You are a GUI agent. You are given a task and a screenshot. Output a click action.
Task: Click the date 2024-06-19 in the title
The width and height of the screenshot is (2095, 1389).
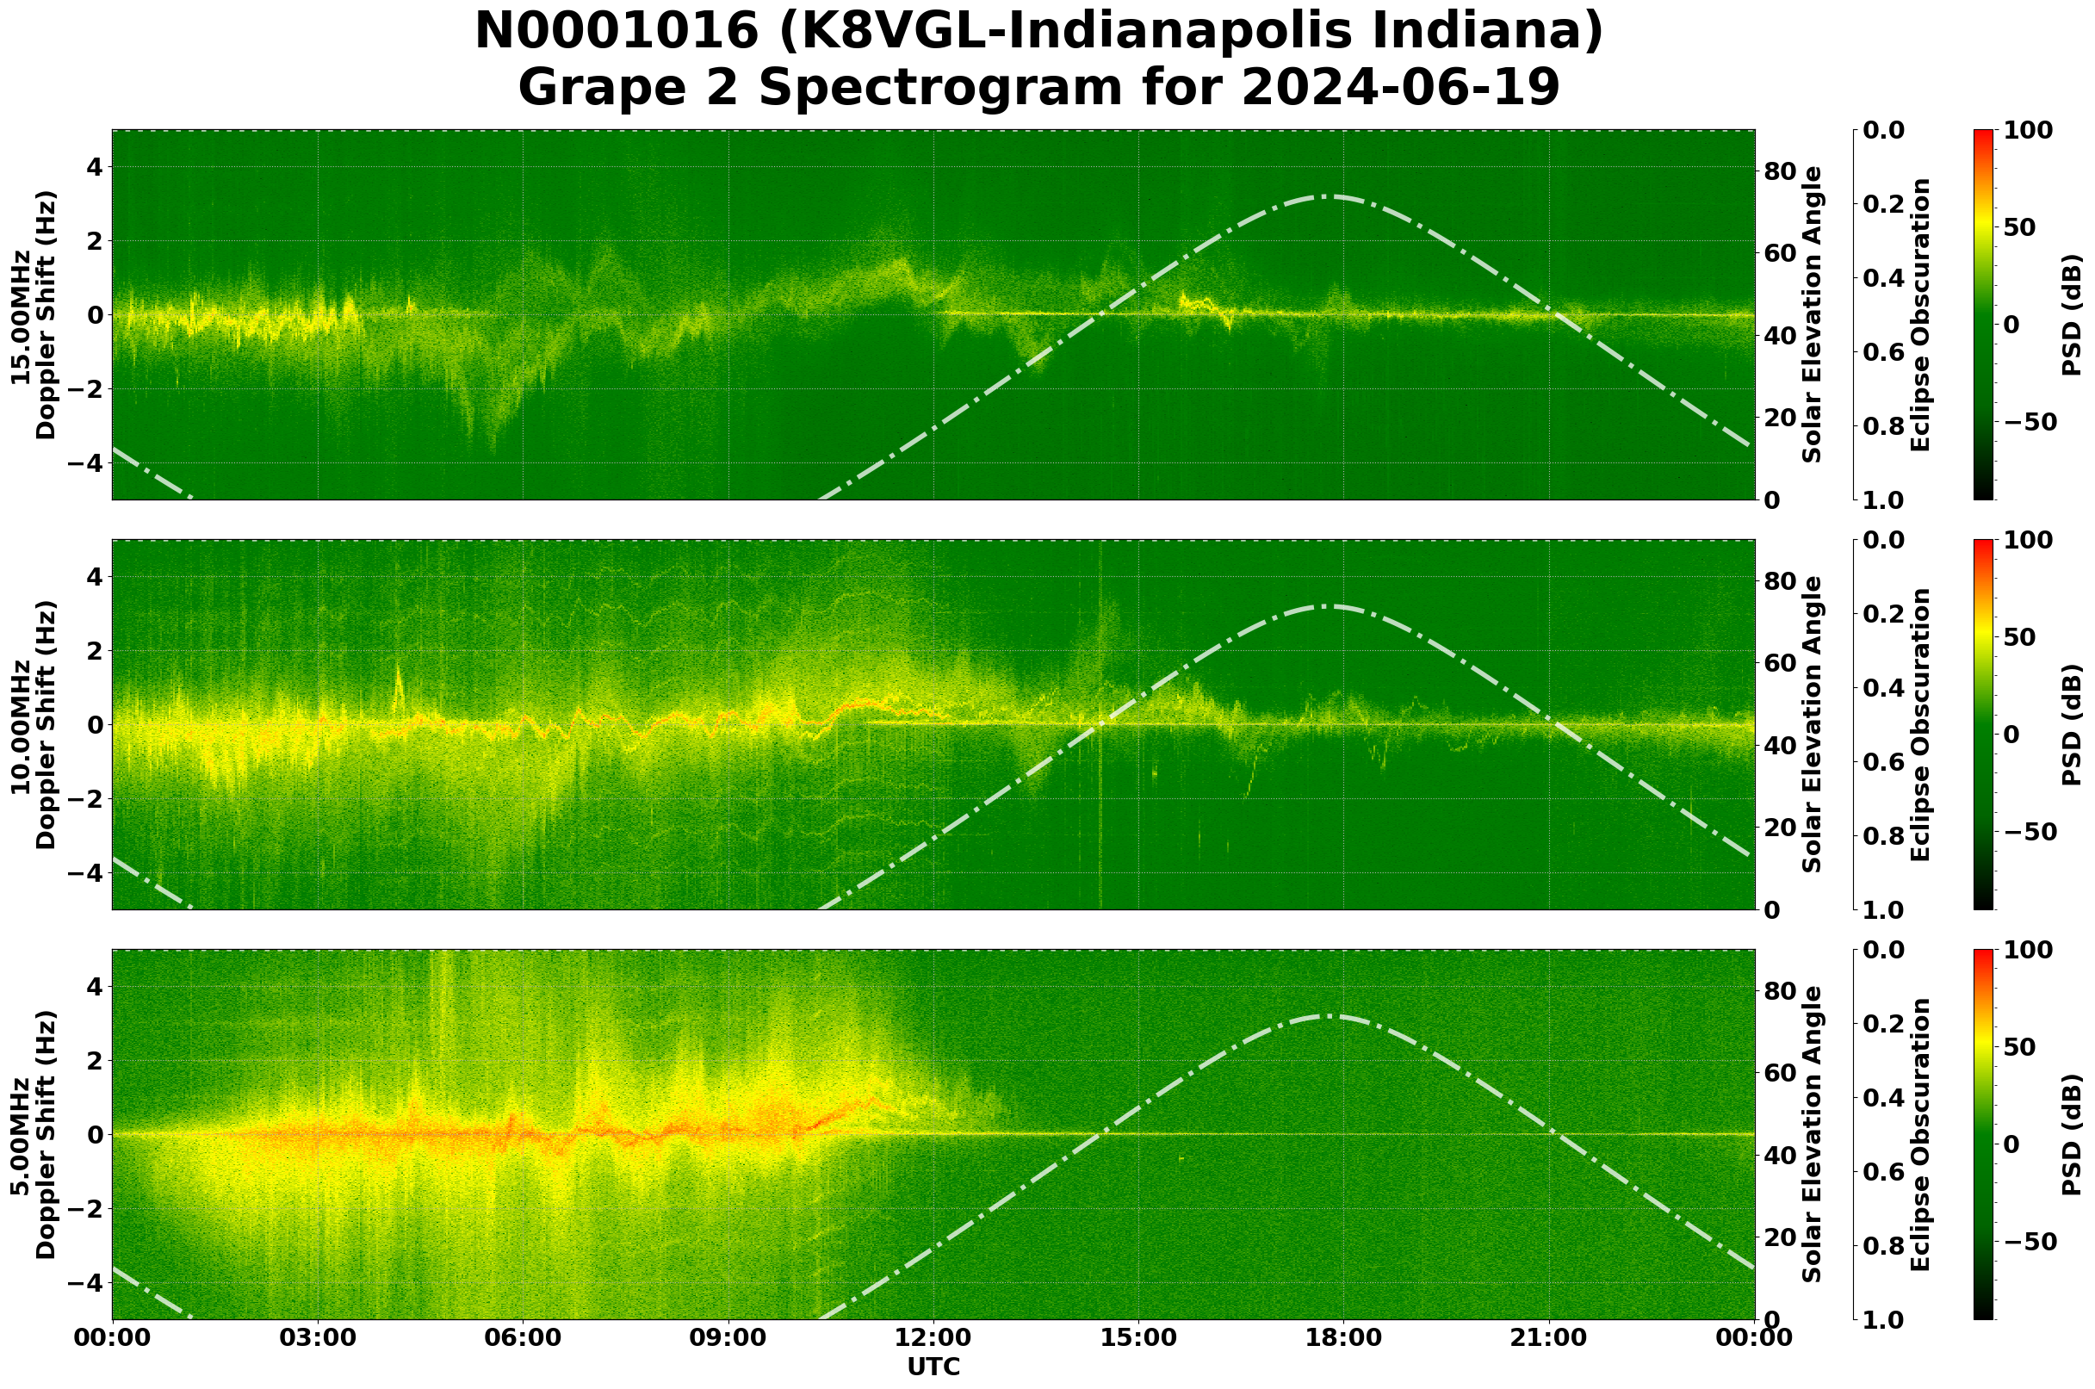pos(1399,89)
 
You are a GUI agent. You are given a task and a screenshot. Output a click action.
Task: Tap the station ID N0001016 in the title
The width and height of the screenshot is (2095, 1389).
pos(617,32)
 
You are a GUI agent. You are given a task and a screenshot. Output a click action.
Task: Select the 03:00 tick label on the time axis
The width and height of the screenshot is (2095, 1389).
pos(318,1337)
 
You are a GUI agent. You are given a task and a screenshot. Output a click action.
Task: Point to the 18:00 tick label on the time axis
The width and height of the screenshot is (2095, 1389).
pos(1343,1337)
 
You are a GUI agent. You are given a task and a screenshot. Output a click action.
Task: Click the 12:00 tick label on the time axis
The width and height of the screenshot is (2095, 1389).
pos(933,1337)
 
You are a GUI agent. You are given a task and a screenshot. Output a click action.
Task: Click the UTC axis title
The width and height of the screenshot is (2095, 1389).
pos(933,1367)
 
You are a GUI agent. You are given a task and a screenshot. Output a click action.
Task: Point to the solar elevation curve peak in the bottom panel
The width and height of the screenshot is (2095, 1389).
pos(1329,1016)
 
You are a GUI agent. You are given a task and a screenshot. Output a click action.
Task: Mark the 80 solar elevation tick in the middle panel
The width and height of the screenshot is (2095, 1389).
pos(1781,581)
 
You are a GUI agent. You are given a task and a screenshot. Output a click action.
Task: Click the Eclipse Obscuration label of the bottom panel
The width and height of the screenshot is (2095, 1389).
pos(1919,1135)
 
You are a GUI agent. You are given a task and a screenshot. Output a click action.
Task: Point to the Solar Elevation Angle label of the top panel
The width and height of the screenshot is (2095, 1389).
pos(1813,315)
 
